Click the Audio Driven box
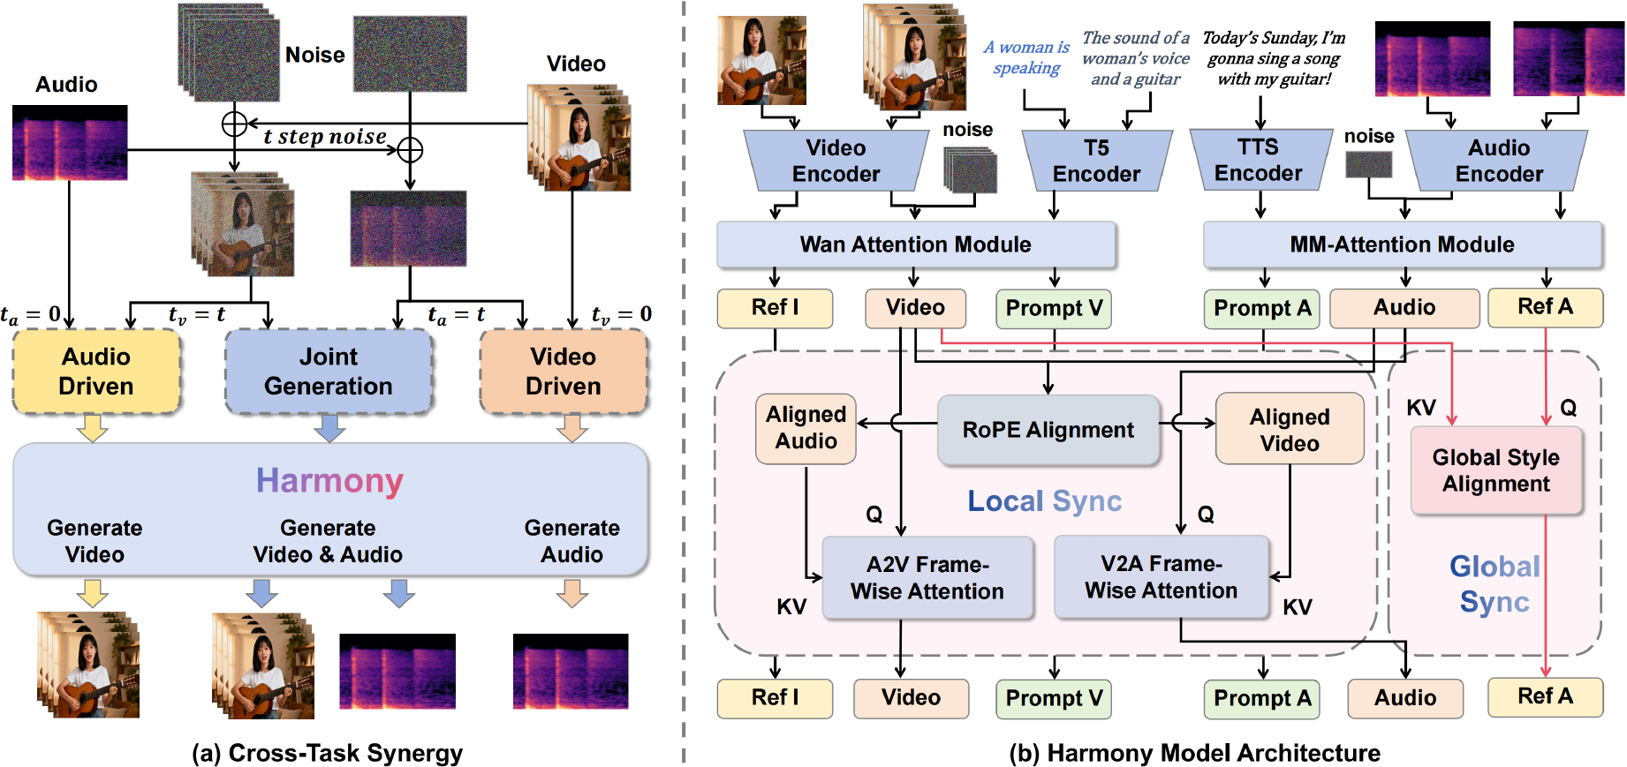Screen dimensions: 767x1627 (96, 372)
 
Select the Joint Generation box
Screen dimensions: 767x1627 (329, 372)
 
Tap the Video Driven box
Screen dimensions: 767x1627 (564, 372)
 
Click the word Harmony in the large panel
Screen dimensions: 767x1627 (329, 481)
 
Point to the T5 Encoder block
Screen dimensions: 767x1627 (1096, 161)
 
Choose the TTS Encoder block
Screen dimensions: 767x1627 (1259, 160)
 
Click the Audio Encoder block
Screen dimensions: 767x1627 (1499, 161)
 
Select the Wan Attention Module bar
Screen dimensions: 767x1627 (916, 244)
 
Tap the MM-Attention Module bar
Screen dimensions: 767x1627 (1402, 244)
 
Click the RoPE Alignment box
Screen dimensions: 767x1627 (1048, 430)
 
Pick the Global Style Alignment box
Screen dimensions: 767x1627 (1495, 470)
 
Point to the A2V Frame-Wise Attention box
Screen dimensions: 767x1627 (927, 578)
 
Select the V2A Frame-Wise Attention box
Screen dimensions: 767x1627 (1161, 577)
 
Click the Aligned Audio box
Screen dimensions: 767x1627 (806, 428)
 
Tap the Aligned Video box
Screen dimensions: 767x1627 (1290, 430)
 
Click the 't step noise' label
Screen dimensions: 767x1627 (325, 137)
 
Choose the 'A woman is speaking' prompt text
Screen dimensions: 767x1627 (1026, 57)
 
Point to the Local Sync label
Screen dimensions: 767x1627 (1044, 501)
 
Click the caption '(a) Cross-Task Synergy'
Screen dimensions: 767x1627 (327, 753)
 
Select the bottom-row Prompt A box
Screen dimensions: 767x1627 (1262, 698)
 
